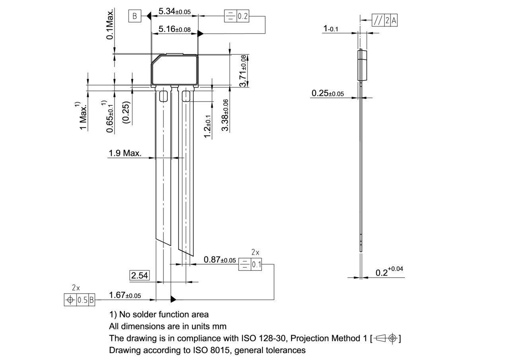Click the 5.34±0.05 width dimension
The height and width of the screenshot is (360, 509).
[174, 11]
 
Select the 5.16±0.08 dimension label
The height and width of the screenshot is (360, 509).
[174, 29]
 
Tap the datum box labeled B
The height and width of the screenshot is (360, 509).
[134, 16]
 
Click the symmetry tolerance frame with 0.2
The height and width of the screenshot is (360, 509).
[237, 16]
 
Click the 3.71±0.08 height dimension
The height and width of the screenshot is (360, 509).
[243, 71]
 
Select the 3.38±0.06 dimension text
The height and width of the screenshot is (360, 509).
[225, 116]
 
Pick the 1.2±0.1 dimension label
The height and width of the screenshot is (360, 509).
[207, 126]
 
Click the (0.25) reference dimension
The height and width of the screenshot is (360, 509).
[126, 113]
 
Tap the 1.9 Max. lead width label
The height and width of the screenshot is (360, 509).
[125, 153]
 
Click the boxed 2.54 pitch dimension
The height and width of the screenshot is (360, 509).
[140, 275]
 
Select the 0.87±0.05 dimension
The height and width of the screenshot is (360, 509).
[220, 260]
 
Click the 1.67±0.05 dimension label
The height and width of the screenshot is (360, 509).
[125, 295]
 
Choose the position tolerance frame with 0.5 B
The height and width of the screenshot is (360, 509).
[80, 300]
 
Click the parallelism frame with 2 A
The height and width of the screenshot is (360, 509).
[384, 21]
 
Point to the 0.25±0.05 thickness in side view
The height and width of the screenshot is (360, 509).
[327, 93]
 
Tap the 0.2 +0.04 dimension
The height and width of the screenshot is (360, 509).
[389, 272]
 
